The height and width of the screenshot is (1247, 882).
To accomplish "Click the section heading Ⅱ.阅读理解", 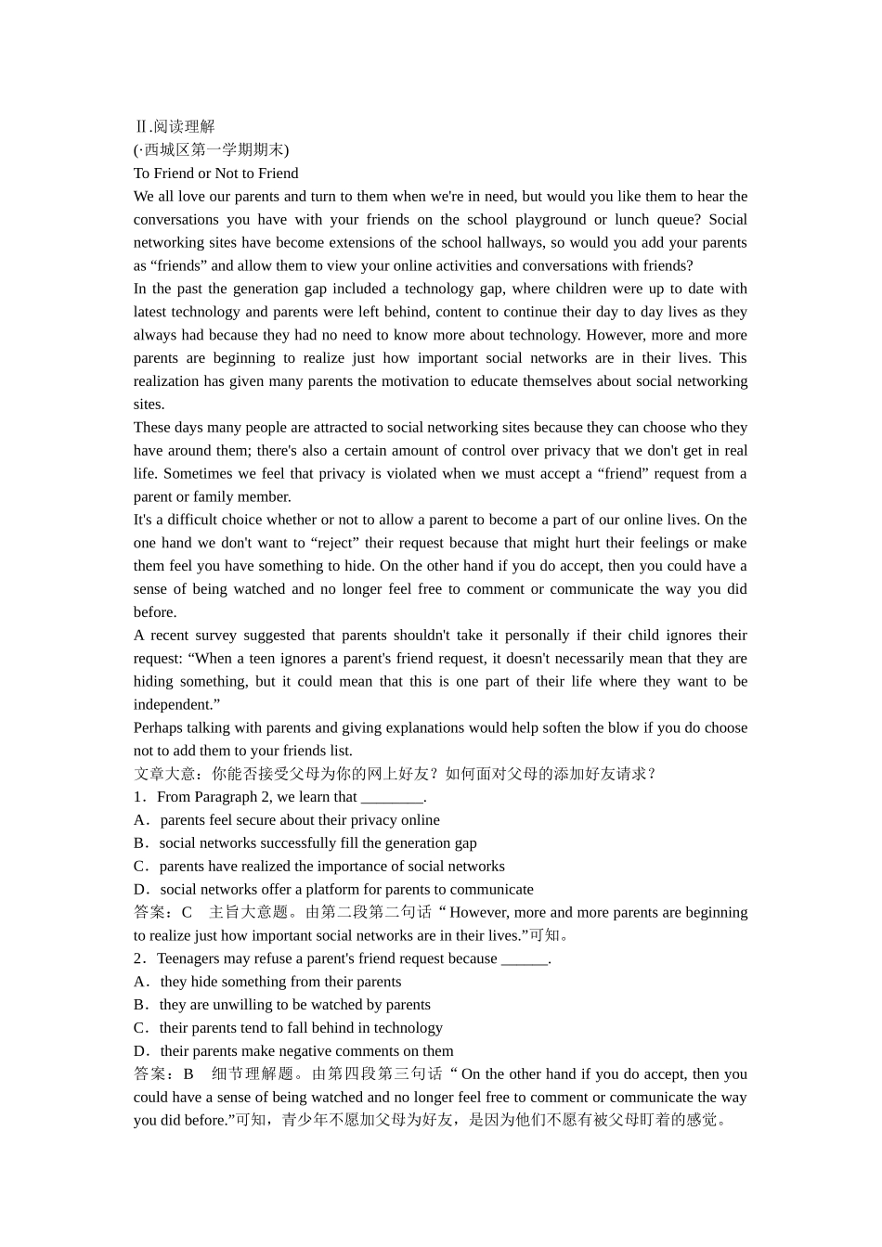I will (x=175, y=126).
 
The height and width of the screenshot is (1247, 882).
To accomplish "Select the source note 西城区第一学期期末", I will (x=213, y=149).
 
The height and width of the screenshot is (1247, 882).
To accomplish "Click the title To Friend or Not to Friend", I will (x=215, y=173).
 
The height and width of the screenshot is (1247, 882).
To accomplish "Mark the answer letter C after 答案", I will (x=187, y=912).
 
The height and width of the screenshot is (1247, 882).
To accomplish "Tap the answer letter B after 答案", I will (x=188, y=1073).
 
